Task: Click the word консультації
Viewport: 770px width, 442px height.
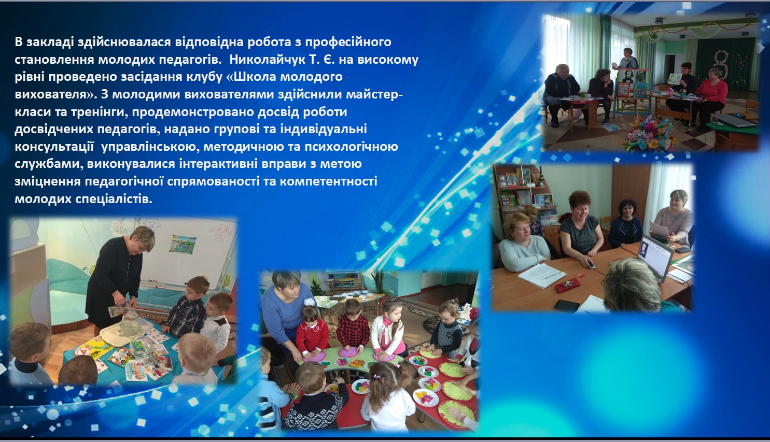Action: (54, 147)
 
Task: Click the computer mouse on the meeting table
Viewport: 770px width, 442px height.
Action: (590, 265)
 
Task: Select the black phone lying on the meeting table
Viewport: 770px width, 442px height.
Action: (567, 305)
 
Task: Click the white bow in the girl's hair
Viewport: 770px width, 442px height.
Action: (310, 302)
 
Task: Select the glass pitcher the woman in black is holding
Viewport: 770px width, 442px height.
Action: (117, 309)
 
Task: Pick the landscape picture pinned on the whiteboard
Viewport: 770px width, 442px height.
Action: (183, 244)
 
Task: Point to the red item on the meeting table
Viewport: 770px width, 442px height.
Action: (567, 285)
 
